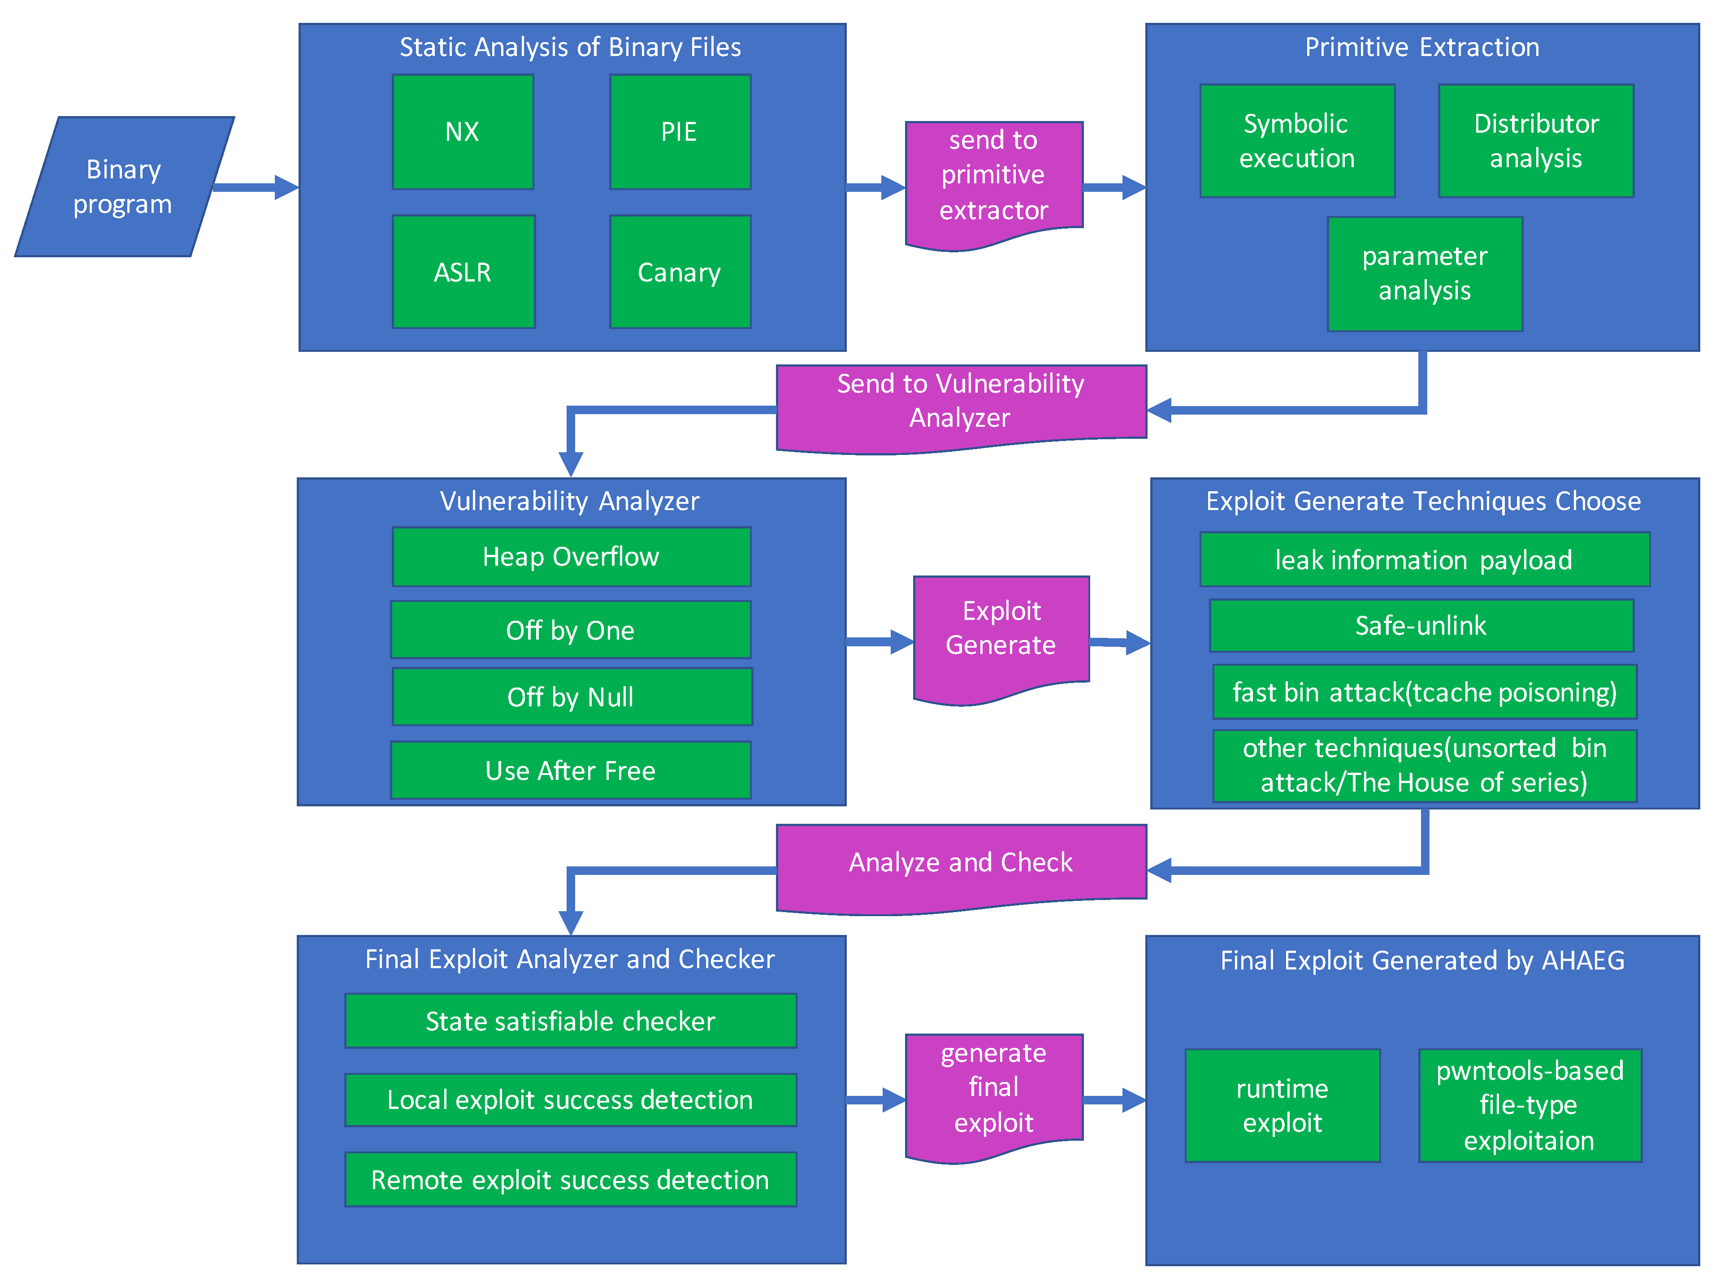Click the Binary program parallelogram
tap(124, 187)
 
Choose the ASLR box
tap(463, 272)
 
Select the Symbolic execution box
tap(1296, 141)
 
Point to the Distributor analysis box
tap(1535, 141)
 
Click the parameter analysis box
tap(1425, 274)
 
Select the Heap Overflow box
tap(571, 557)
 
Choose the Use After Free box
tap(571, 771)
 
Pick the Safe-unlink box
tap(1421, 626)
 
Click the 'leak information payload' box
tap(1424, 560)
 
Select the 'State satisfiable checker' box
tap(570, 1021)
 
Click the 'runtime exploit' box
tap(1282, 1106)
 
